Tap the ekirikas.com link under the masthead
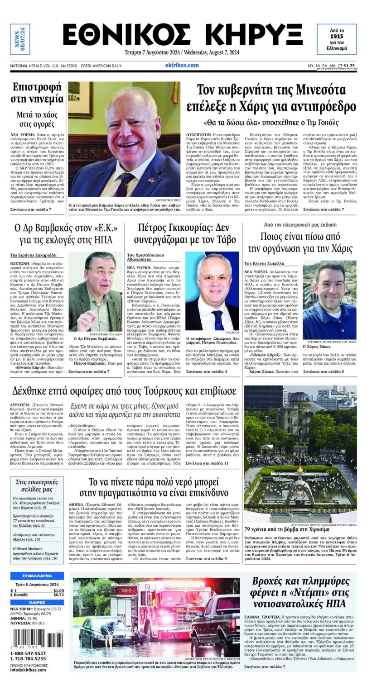182,65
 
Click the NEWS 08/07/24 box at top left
20,39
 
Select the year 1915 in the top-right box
336,36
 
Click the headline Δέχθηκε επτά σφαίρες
123,390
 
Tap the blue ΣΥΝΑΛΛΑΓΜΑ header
37,576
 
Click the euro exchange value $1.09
58,590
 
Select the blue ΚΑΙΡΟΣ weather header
37,602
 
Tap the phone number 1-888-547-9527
28,653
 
